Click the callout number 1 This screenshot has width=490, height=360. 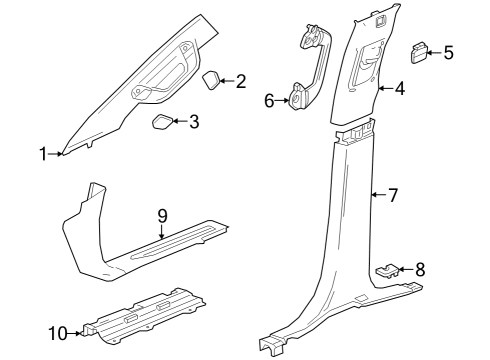tap(43, 153)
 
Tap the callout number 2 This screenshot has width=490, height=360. tap(240, 81)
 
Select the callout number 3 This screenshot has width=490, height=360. tap(194, 122)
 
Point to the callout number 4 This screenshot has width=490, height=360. tap(399, 89)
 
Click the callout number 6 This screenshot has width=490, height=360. tap(269, 100)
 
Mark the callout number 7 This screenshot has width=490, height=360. tap(393, 194)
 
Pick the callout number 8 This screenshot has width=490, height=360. tap(420, 268)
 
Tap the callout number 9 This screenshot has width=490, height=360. tap(161, 215)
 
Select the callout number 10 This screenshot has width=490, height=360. tap(58, 331)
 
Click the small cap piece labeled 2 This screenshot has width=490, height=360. tap(212, 80)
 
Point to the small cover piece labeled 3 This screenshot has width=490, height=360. tap(162, 122)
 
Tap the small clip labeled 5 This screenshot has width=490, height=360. tap(420, 52)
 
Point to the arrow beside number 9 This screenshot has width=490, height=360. tap(161, 230)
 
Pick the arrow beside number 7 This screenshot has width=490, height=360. tap(377, 194)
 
